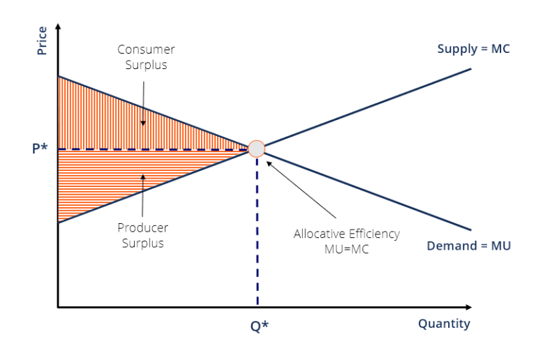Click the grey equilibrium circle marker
click(x=256, y=149)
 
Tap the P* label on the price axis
click(x=40, y=149)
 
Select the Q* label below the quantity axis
click(x=260, y=327)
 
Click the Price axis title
click(x=42, y=40)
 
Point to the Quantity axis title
click(x=444, y=324)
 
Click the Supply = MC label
click(x=473, y=49)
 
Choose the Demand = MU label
click(x=469, y=246)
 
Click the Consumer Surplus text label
click(x=146, y=57)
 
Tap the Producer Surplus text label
click(x=143, y=235)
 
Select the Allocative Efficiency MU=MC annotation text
click(x=347, y=241)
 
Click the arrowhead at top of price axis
click(x=58, y=27)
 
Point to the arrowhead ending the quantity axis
click(x=469, y=308)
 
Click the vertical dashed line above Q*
click(x=257, y=231)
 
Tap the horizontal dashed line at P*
click(x=153, y=149)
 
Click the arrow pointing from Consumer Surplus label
click(x=143, y=103)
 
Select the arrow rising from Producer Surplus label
click(x=142, y=195)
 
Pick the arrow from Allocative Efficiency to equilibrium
click(x=301, y=190)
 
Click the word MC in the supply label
click(x=500, y=49)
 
